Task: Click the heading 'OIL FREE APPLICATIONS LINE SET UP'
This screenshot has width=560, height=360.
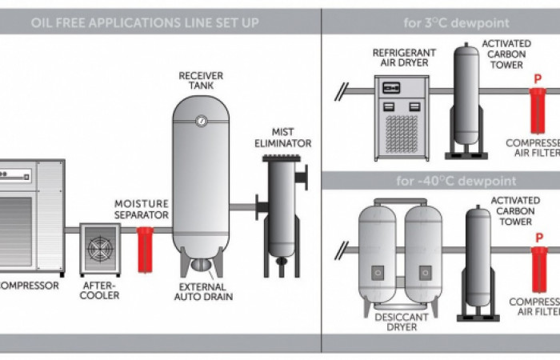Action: [145, 22]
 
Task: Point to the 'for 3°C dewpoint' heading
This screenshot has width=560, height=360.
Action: [440, 22]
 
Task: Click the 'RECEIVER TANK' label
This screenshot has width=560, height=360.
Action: [201, 81]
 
